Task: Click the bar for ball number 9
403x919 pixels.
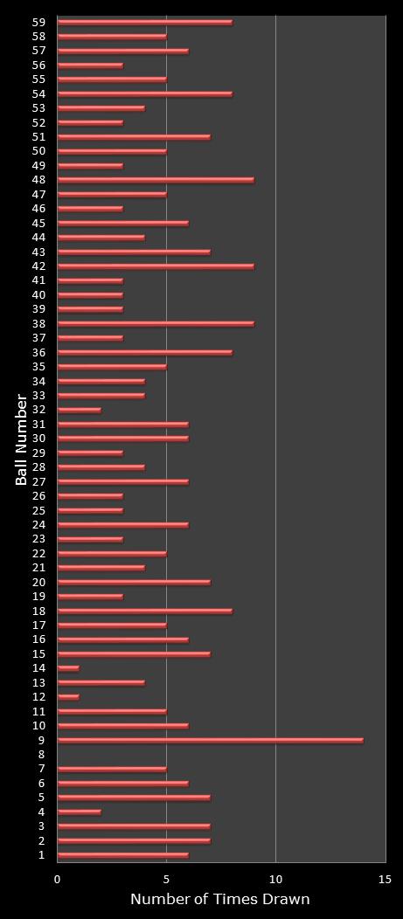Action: (x=210, y=740)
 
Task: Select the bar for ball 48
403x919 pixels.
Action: (x=156, y=180)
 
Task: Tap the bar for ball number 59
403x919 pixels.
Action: (x=144, y=22)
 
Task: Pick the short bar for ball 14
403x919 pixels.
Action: (x=68, y=668)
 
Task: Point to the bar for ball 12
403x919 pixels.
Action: (x=68, y=697)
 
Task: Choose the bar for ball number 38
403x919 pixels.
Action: (x=156, y=323)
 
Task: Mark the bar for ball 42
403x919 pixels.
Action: (x=156, y=266)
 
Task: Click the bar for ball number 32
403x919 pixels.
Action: (x=79, y=410)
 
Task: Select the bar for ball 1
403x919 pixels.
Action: (x=122, y=855)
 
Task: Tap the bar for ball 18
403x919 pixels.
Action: (x=144, y=611)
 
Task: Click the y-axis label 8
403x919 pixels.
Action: (x=41, y=754)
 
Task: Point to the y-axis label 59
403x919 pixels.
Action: (x=38, y=22)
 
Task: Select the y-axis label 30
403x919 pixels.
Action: (x=38, y=439)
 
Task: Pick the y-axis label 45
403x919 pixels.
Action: (x=38, y=223)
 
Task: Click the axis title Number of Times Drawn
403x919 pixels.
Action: (x=219, y=899)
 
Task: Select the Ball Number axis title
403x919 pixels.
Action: (x=22, y=439)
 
